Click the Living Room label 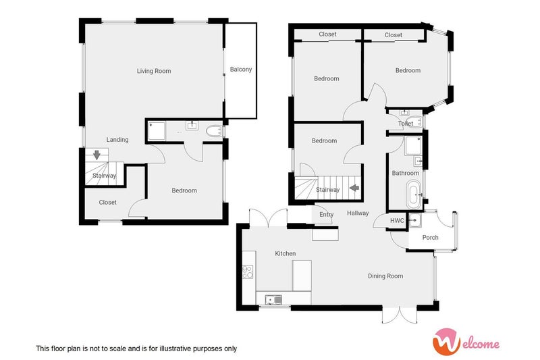(x=154, y=71)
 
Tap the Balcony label (x=241, y=70)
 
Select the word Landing (x=117, y=140)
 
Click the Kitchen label (x=285, y=253)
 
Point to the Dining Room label (x=385, y=276)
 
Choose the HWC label (x=397, y=221)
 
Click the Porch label (x=430, y=238)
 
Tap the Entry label (x=326, y=215)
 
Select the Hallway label (x=358, y=213)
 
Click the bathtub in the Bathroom (x=413, y=195)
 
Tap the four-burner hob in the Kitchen (x=248, y=272)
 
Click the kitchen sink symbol (x=274, y=299)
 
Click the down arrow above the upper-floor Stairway (x=97, y=155)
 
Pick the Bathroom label (x=406, y=174)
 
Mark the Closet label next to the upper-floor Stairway (x=107, y=203)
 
